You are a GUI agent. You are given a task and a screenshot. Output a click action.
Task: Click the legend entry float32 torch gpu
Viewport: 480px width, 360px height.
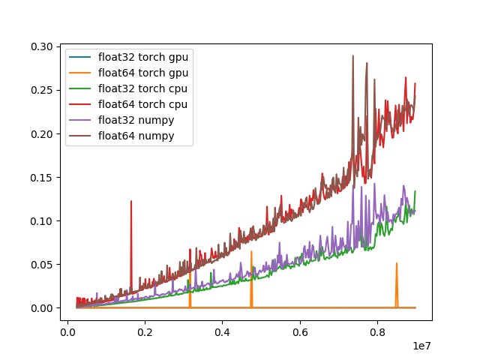(x=142, y=58)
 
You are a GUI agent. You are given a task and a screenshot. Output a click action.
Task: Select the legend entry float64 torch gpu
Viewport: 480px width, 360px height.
(x=142, y=73)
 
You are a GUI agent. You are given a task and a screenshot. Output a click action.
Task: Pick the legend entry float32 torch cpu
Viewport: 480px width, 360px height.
(x=142, y=89)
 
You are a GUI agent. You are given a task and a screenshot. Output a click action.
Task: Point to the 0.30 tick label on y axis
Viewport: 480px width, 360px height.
(x=42, y=46)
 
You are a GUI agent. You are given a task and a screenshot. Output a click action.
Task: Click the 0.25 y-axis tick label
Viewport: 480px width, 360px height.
(x=42, y=90)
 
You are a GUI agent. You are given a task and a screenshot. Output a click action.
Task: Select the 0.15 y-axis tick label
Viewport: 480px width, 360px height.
(x=42, y=178)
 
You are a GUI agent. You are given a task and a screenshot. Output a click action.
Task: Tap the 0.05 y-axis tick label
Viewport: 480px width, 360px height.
(x=42, y=265)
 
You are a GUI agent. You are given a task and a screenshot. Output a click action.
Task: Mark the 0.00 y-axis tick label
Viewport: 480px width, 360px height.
(x=42, y=308)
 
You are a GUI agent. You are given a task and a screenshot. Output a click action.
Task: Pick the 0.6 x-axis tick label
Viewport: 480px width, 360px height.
(x=300, y=328)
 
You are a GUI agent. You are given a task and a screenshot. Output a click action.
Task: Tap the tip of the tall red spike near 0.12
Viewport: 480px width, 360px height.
(x=131, y=201)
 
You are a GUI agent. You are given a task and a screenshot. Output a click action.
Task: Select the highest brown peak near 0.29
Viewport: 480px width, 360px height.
(x=352, y=55)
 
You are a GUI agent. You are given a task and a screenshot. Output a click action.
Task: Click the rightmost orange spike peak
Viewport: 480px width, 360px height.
(x=397, y=263)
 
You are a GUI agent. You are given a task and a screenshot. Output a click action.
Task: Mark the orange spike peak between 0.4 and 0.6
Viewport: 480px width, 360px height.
(x=251, y=252)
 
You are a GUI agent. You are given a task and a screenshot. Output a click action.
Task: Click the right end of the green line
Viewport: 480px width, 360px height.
(x=415, y=191)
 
